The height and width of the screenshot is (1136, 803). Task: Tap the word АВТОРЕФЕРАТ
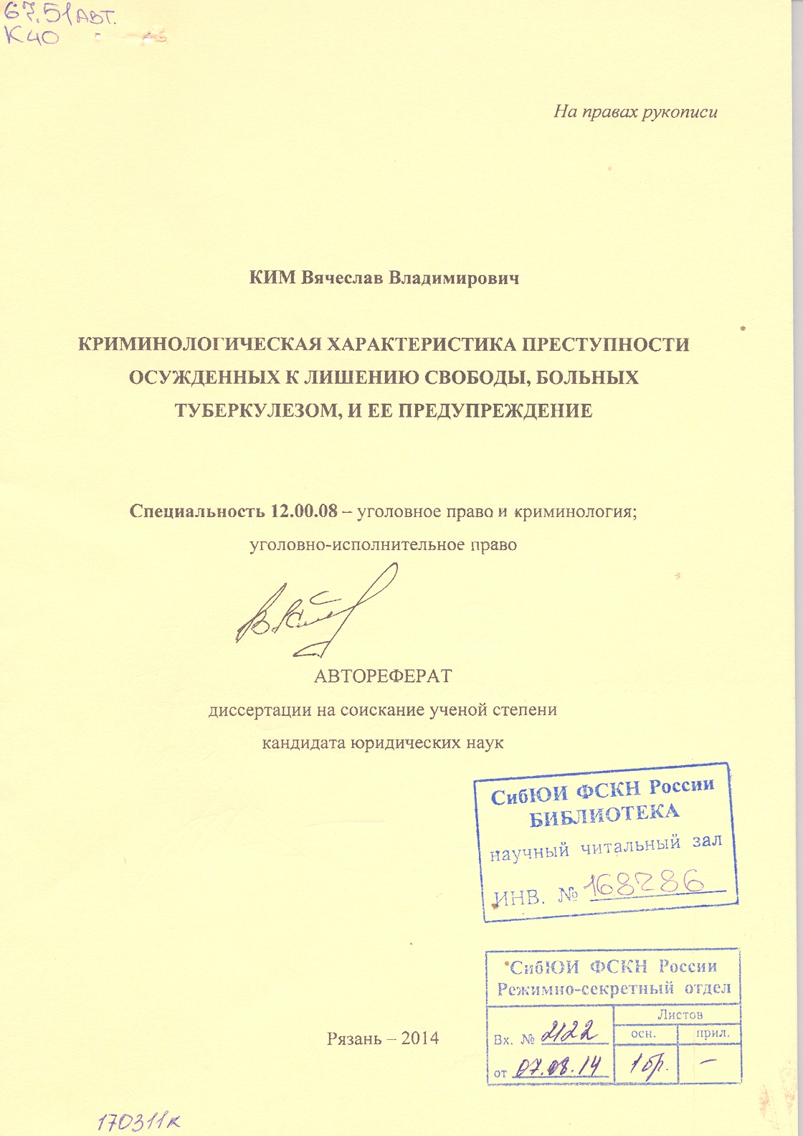383,676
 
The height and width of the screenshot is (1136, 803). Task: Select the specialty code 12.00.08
305,511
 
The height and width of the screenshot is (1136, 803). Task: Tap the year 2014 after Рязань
420,1038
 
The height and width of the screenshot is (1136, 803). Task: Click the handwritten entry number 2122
571,1033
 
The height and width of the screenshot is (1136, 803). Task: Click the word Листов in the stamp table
680,1014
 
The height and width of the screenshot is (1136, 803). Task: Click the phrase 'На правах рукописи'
635,112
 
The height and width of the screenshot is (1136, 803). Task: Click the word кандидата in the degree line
303,743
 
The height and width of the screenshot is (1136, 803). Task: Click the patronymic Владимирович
453,278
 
